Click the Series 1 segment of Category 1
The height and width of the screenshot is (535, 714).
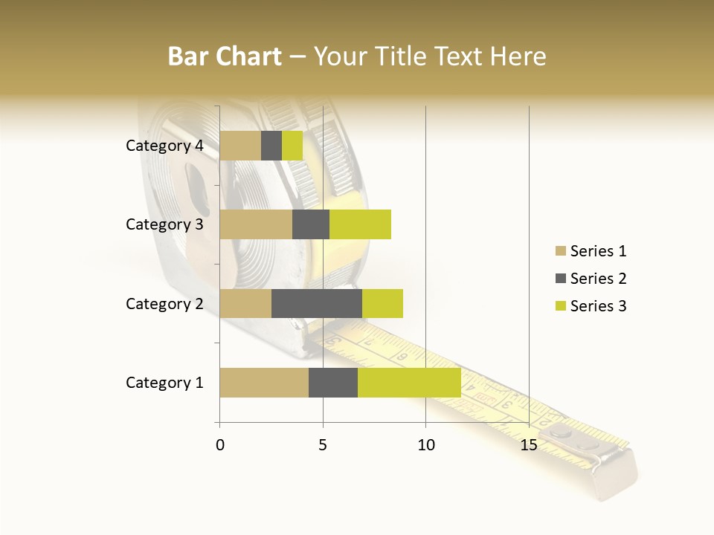[x=264, y=383]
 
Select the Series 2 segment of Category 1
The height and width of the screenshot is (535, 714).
[x=333, y=383]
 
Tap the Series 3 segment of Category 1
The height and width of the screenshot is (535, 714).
[x=409, y=383]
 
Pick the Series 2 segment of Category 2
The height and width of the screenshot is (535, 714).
[x=317, y=303]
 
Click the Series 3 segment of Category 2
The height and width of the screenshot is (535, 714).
[x=382, y=303]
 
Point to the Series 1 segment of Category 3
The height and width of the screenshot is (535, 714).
[x=256, y=224]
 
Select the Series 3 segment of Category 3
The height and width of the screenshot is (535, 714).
[x=360, y=224]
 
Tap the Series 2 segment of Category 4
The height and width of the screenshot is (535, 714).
[x=271, y=146]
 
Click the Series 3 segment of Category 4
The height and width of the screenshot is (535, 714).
[x=292, y=146]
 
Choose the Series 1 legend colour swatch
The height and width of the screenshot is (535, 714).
[x=560, y=251]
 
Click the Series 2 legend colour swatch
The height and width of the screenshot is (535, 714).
[x=560, y=279]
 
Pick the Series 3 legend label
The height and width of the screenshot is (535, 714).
[x=598, y=306]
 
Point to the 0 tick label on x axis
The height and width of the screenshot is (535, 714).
[x=219, y=445]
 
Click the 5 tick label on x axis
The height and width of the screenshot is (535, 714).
[x=323, y=445]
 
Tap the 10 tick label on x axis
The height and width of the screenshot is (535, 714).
[x=425, y=445]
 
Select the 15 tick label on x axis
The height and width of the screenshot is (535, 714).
[x=529, y=445]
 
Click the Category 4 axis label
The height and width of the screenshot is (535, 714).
[x=164, y=146]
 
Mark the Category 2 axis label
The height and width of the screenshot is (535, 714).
[x=164, y=303]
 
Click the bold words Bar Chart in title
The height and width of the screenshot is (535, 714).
[x=224, y=56]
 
